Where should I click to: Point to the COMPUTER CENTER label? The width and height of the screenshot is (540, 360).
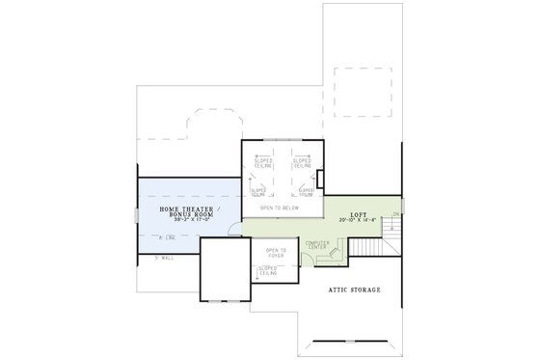tap(317, 246)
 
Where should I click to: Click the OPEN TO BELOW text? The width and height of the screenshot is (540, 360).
tap(280, 208)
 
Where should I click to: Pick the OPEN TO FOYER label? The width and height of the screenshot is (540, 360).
tap(269, 254)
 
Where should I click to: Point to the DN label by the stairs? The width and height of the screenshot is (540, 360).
tap(395, 214)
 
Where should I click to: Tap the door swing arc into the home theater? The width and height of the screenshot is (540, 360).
tap(232, 228)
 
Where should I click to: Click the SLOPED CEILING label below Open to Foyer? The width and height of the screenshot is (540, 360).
tap(269, 273)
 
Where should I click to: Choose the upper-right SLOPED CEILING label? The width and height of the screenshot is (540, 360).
tap(301, 163)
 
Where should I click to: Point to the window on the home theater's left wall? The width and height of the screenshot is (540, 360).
tap(135, 215)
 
